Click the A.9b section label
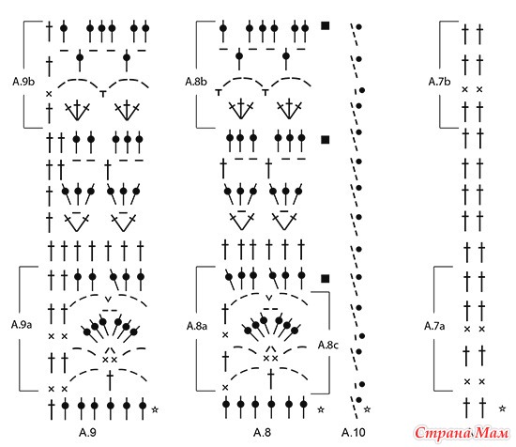point(23,82)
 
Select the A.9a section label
point(22,325)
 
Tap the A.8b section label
point(196,82)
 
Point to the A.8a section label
point(197,326)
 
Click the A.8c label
point(328,345)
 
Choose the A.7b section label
point(439,82)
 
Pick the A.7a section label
point(434,326)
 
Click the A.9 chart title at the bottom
point(87,432)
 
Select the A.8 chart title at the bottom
point(263,432)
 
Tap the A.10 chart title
point(354,432)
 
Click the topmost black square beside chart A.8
point(326,25)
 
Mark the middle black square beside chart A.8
point(326,140)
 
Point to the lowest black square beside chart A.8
point(326,279)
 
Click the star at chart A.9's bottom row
point(155,409)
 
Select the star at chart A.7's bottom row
point(502,408)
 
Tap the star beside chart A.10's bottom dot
point(367,409)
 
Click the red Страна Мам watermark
point(462,433)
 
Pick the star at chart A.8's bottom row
point(321,409)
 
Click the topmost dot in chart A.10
point(359,26)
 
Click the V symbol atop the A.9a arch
point(108,300)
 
